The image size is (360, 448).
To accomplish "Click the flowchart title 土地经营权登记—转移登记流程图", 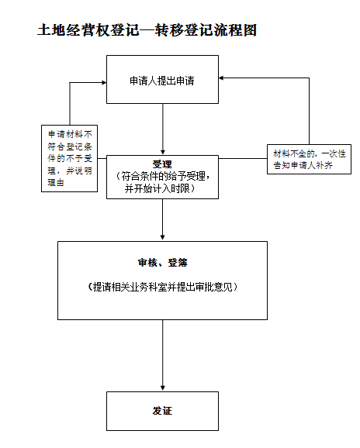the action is coord(147,30).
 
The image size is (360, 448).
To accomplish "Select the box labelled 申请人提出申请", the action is coord(162,79).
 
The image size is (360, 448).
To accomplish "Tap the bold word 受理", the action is coord(162,164).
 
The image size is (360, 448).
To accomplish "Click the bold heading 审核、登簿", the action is coord(162,263).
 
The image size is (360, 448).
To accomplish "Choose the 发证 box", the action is coord(162,411).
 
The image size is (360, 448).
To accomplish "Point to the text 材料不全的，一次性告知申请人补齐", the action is coord(310,160).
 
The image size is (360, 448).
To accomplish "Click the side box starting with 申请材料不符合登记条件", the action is coord(70,158).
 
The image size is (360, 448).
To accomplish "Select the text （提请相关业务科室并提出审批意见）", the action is coord(162,287).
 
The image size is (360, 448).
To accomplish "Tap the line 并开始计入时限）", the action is coord(160,188).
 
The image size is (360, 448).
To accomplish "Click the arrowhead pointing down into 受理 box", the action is coord(163,152).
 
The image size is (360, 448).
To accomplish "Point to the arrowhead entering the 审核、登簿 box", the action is coord(163,238).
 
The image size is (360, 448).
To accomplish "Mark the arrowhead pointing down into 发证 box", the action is coord(163,388).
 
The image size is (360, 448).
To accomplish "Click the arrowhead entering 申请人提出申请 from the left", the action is coord(104,83).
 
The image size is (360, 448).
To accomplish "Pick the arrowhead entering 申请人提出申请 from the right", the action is coord(221,78).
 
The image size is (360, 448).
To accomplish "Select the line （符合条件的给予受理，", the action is coord(162,176).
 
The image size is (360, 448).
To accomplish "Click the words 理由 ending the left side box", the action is coord(56,183).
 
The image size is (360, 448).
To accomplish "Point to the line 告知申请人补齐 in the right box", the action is coord(303,165).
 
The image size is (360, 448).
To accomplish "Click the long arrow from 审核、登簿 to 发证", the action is coord(163,356).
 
